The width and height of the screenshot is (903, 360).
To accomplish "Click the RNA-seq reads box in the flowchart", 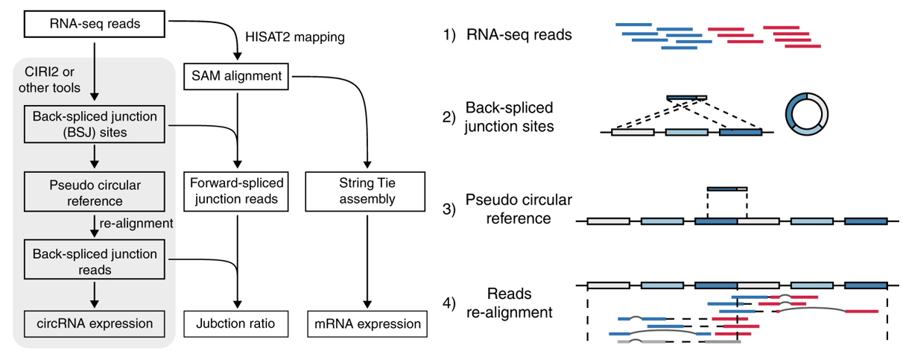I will tap(94, 25).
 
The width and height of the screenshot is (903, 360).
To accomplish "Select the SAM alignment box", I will tap(237, 75).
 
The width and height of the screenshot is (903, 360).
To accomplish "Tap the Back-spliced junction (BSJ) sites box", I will tap(94, 124).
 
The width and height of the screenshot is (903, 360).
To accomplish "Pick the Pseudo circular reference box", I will tap(94, 192).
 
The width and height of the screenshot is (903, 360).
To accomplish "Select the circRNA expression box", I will tap(94, 323).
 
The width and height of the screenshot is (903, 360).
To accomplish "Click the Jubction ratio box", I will tap(237, 324).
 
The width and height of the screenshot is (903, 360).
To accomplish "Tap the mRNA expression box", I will tap(365, 324).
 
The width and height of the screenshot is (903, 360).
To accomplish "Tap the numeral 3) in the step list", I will tap(449, 209).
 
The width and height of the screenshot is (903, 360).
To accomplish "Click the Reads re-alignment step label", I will tap(507, 303).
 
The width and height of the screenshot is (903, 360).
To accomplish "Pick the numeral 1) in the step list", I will tap(449, 34).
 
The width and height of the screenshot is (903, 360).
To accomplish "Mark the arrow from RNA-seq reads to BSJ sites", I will tap(95, 71).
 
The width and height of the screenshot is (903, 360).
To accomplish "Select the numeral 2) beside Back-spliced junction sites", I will tap(449, 117).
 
